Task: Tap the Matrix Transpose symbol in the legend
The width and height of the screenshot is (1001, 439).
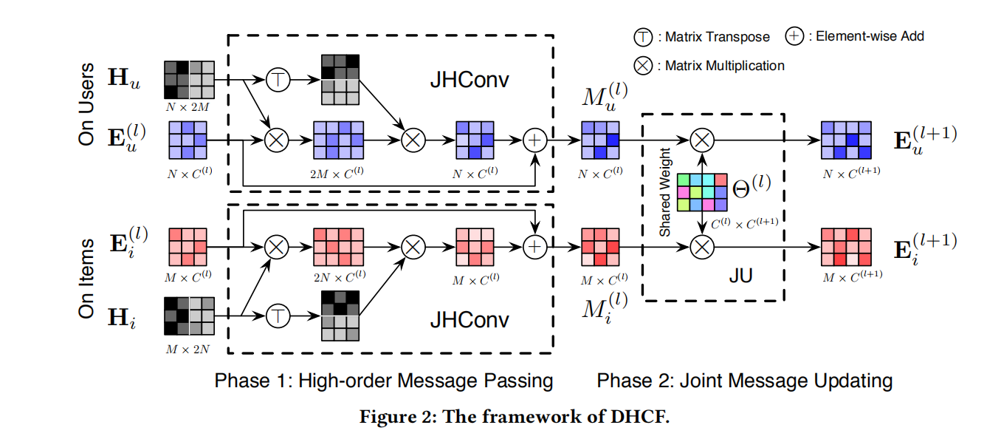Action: point(642,36)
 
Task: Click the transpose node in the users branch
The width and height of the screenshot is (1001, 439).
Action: point(277,80)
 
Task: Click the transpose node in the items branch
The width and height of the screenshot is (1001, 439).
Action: point(277,316)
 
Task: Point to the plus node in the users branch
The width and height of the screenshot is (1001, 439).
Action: point(533,140)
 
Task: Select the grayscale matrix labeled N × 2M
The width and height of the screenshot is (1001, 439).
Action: point(189,79)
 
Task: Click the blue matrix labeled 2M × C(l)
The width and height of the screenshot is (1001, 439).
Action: point(339,140)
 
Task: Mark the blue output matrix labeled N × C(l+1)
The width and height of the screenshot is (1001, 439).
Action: point(846,140)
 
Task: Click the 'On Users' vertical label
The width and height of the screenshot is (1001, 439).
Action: point(86,106)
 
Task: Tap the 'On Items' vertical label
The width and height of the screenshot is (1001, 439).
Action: point(86,278)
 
